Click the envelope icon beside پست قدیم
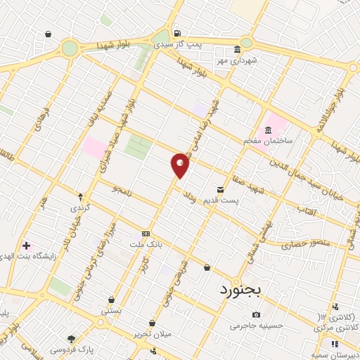[221, 190]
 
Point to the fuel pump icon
[176, 32]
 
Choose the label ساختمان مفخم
[263, 141]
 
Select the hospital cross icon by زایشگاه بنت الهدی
[27, 245]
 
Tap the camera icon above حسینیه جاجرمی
[256, 314]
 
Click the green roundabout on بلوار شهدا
[70, 48]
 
